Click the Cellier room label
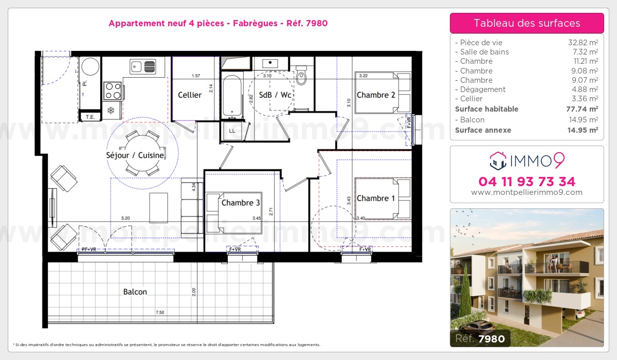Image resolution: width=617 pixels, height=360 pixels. [x=190, y=95]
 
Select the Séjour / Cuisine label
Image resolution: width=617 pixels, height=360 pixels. [x=135, y=155]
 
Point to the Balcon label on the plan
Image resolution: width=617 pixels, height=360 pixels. [x=135, y=292]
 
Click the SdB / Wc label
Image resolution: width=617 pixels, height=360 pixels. [x=276, y=95]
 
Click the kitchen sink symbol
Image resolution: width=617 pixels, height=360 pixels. [x=143, y=66]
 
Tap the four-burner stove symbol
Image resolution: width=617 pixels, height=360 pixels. [x=113, y=91]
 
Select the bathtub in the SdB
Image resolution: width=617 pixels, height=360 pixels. [x=232, y=96]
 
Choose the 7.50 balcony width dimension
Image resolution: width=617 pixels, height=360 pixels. [x=161, y=313]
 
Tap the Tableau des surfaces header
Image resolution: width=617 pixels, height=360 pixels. [x=527, y=23]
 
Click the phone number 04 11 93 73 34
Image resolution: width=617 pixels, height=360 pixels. [x=527, y=182]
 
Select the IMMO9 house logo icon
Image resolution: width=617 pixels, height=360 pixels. [x=497, y=160]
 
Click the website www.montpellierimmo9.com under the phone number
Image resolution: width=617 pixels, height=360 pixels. [x=527, y=193]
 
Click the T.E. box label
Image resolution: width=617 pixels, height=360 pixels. [x=90, y=117]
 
